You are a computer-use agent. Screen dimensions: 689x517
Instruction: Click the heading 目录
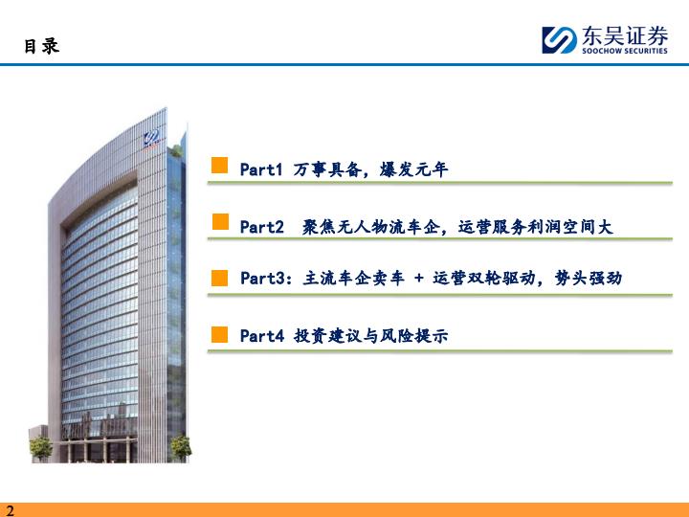41,46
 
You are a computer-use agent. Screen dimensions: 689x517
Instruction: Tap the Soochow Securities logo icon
559,40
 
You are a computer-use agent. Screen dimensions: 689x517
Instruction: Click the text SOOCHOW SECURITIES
624,51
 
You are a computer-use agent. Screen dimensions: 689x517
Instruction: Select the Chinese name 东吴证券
625,35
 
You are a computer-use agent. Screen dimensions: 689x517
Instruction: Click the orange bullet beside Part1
220,166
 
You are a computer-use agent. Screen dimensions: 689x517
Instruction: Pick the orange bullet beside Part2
220,221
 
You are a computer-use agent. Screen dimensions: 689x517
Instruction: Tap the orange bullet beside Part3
220,278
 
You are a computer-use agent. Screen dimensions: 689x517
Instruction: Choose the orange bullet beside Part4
220,334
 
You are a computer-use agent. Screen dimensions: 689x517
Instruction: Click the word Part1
261,169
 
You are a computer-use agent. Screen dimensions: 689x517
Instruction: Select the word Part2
262,227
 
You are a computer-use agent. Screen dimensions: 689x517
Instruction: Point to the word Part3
262,278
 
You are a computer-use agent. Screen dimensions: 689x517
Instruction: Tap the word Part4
262,336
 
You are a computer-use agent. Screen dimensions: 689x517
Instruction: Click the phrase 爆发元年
413,169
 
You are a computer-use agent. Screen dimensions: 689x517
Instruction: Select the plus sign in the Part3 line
419,278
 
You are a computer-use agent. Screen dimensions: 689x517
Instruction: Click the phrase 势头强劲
589,278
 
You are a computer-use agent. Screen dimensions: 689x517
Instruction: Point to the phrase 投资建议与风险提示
371,336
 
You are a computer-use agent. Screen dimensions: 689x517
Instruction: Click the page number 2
10,510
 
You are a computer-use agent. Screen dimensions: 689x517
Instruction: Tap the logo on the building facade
151,138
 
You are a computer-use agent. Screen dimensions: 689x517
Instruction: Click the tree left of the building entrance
40,448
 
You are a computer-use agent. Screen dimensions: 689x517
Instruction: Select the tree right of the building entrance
181,447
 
